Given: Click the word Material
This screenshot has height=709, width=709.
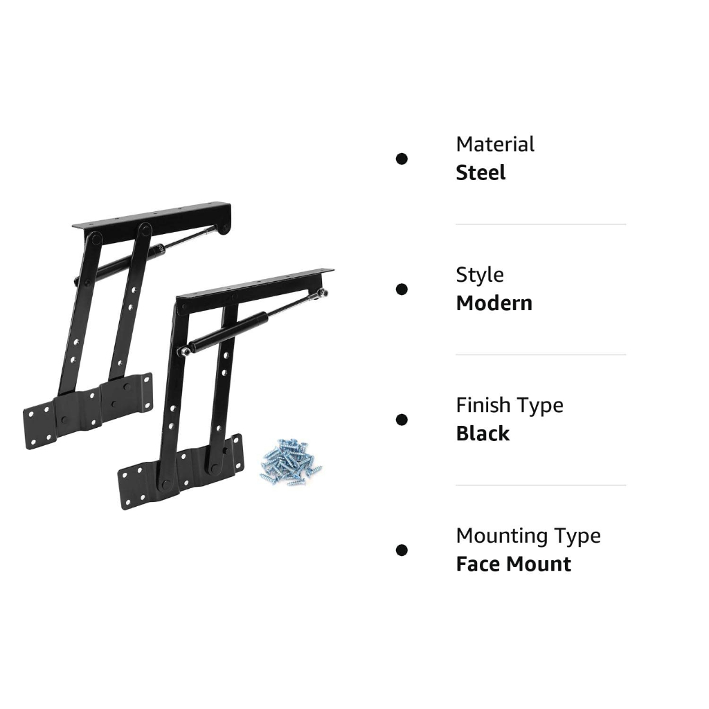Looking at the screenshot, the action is (x=494, y=144).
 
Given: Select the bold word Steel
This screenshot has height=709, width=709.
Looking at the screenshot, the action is (x=481, y=172).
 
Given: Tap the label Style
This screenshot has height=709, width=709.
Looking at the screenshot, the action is (x=480, y=275).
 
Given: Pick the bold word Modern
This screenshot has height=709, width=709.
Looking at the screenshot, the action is (x=494, y=303).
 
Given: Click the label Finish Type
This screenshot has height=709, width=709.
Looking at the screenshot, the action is (x=510, y=405).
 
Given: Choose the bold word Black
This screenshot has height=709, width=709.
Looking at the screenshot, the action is (x=483, y=433).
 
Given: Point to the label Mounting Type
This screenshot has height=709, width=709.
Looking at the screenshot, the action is (x=528, y=536).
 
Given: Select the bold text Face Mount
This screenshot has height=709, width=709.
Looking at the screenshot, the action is (x=514, y=564).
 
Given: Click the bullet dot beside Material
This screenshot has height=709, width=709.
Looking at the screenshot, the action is (x=402, y=159).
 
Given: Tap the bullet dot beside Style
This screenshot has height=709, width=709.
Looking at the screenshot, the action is (x=402, y=289).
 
